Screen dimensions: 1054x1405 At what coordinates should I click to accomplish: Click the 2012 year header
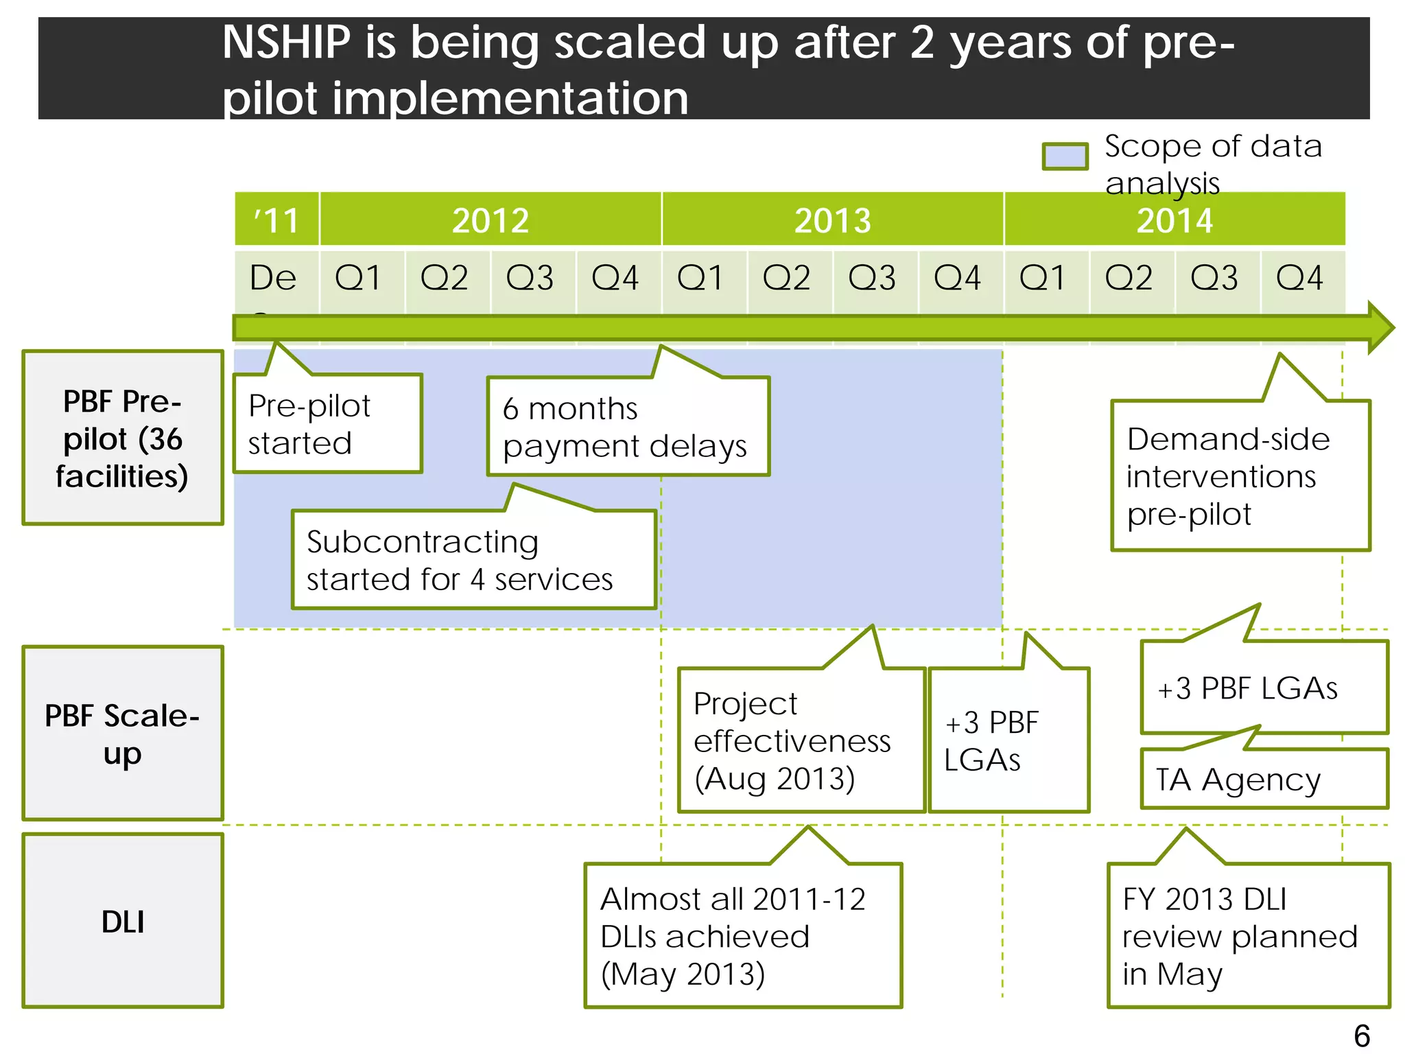click(x=490, y=220)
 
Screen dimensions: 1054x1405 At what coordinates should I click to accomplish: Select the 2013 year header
click(x=832, y=220)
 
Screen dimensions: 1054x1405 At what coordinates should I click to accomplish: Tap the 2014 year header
click(x=1174, y=220)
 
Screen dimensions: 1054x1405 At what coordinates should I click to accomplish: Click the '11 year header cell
click(x=276, y=220)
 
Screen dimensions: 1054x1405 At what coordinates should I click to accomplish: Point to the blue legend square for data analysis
click(x=1065, y=156)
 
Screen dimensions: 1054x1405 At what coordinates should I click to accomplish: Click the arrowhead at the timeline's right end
click(x=1380, y=327)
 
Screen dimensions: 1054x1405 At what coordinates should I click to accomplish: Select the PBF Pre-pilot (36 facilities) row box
click(x=123, y=438)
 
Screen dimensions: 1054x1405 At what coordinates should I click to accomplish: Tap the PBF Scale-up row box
click(x=123, y=733)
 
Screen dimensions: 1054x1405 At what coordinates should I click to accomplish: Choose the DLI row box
click(x=123, y=921)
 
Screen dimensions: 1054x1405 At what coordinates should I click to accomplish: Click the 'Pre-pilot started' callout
click(x=327, y=423)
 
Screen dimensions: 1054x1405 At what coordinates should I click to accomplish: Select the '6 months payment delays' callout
click(x=628, y=426)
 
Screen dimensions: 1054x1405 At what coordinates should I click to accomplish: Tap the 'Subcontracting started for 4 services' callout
click(x=473, y=559)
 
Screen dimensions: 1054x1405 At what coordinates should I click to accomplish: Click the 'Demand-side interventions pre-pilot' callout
click(x=1240, y=476)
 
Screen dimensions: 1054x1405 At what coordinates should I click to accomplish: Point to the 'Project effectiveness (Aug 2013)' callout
click(x=801, y=740)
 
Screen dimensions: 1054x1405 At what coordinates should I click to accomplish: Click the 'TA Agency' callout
click(x=1264, y=779)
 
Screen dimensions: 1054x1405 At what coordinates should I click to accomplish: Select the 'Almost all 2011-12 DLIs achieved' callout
click(x=743, y=935)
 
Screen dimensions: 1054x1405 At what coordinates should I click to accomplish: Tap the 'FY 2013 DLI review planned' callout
click(x=1248, y=935)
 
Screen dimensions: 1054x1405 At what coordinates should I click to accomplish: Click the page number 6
click(x=1362, y=1035)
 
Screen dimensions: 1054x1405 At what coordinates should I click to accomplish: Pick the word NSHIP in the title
click(x=286, y=43)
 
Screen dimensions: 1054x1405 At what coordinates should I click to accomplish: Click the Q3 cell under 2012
click(x=529, y=278)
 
